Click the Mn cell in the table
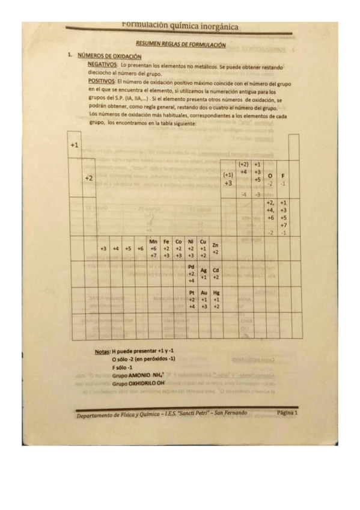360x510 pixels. pyautogui.click(x=153, y=248)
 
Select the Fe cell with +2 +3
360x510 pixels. pyautogui.click(x=166, y=248)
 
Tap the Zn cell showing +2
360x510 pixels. pyautogui.click(x=216, y=248)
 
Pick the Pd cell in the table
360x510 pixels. pyautogui.click(x=191, y=273)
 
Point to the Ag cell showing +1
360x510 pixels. pyautogui.click(x=203, y=274)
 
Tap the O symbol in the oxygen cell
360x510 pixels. pyautogui.click(x=270, y=175)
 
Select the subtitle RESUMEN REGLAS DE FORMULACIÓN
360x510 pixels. pyautogui.click(x=180, y=44)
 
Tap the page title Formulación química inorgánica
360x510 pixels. pyautogui.click(x=180, y=26)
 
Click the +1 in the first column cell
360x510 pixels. pyautogui.click(x=74, y=145)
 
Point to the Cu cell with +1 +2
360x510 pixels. pyautogui.click(x=203, y=248)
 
